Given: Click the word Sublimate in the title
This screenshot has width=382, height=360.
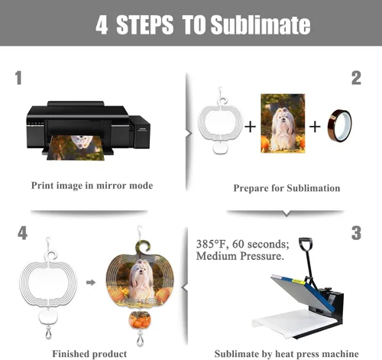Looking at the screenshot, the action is (x=261, y=24).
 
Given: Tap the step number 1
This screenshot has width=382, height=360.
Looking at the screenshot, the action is (x=18, y=78).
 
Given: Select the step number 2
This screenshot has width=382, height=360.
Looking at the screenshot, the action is (x=356, y=78).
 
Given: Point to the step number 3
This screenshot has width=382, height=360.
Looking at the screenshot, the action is (x=356, y=233).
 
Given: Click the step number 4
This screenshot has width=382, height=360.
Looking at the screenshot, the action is (x=22, y=233).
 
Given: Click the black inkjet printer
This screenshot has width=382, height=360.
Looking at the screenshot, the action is (x=88, y=128).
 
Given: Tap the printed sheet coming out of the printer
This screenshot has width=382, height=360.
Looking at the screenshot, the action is (x=76, y=148).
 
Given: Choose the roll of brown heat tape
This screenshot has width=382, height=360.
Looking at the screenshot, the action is (x=339, y=126).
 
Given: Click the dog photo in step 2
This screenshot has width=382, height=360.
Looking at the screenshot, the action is (x=283, y=123).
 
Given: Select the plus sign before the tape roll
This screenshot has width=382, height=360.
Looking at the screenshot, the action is (x=315, y=127).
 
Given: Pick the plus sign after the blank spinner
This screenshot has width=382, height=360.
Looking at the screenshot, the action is (x=250, y=127).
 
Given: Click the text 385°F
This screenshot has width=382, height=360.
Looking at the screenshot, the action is (x=211, y=244).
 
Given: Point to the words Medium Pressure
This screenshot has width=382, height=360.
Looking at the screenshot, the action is (x=240, y=256).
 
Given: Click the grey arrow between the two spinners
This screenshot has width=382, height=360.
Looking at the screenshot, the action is (x=91, y=282).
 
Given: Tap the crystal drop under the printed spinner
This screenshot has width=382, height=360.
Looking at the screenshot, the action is (x=140, y=339).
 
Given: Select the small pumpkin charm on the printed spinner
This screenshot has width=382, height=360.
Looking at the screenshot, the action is (x=140, y=319).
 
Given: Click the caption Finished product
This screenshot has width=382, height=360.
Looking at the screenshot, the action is (x=89, y=354).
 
